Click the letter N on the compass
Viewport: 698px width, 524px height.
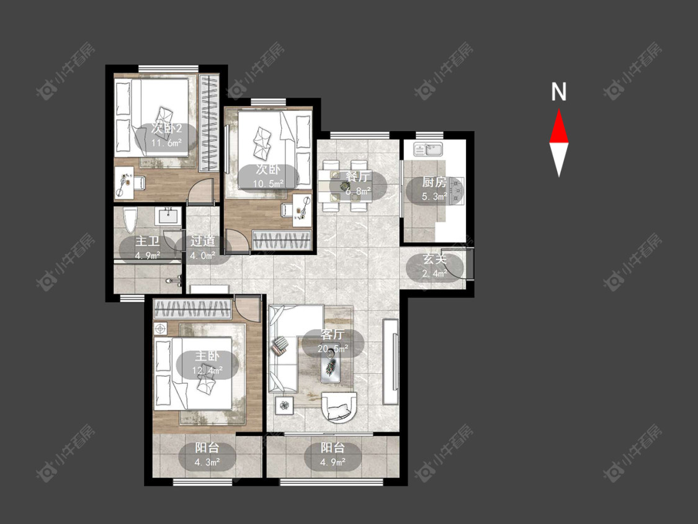558,92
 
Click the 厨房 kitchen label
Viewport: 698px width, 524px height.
434,183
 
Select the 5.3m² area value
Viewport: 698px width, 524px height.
434,196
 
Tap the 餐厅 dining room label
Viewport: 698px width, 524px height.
357,177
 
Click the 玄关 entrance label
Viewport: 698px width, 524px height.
434,260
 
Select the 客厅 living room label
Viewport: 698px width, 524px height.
333,334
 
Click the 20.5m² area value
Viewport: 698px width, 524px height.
333,348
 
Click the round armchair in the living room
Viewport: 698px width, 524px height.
339,407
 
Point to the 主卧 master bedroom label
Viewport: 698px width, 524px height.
207,356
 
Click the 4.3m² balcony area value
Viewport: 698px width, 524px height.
207,463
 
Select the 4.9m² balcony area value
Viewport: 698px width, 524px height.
333,463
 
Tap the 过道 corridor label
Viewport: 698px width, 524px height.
202,241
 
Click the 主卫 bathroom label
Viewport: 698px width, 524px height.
147,242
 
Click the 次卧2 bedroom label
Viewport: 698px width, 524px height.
166,129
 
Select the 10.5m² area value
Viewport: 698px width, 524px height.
269,184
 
